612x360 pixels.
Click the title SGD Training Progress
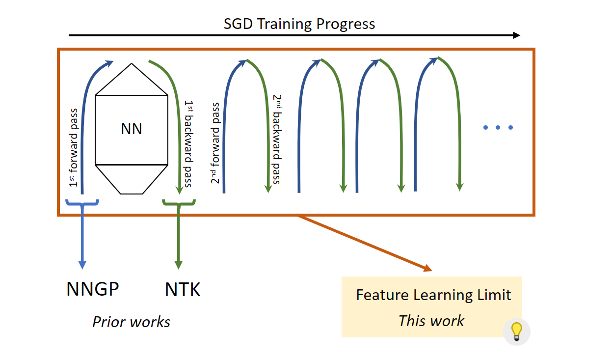tap(299, 24)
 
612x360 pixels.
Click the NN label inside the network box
tap(131, 129)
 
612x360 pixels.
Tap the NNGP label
tap(93, 289)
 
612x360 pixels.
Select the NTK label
tap(183, 290)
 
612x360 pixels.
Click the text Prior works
tap(131, 322)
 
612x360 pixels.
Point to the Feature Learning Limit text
tap(433, 295)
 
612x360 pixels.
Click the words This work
tap(431, 321)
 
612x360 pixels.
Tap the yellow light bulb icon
tap(516, 331)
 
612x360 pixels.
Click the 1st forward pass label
tap(74, 147)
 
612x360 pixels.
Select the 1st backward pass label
tap(188, 143)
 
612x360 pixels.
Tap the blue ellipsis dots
tap(498, 128)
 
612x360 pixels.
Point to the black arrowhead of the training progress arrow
tap(516, 35)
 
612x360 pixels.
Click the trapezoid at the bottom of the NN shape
tap(131, 178)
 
